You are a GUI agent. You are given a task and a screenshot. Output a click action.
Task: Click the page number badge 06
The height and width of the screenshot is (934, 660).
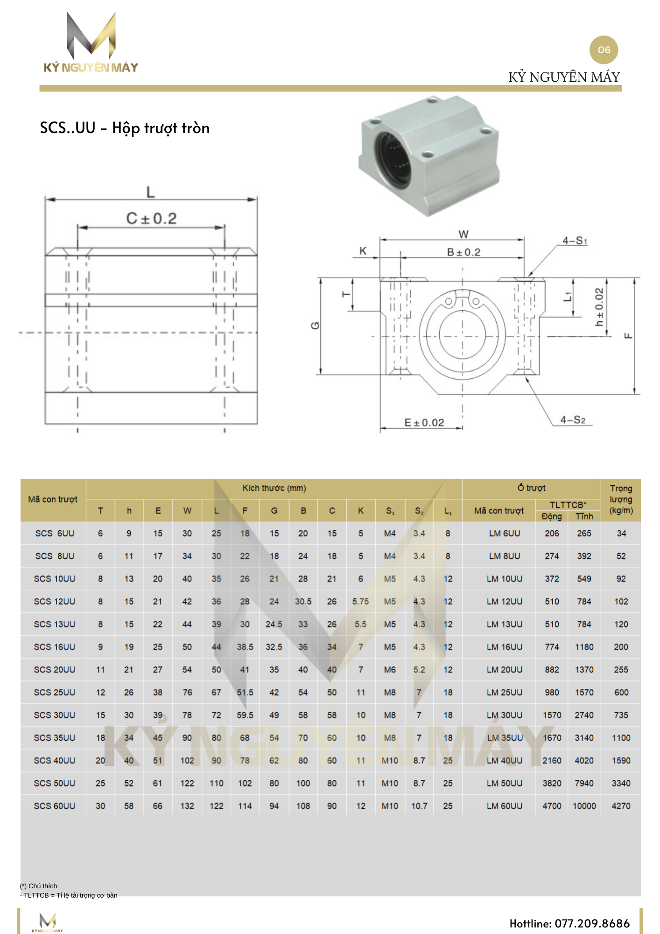[x=604, y=50]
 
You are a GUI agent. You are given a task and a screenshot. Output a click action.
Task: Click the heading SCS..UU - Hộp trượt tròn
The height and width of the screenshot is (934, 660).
[x=125, y=128]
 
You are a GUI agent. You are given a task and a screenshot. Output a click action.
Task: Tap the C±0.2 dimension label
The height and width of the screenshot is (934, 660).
[x=151, y=219]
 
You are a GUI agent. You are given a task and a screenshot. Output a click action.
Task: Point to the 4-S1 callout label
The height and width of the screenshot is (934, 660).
[x=575, y=241]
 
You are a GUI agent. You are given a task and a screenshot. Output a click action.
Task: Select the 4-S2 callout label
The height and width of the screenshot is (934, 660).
[x=573, y=420]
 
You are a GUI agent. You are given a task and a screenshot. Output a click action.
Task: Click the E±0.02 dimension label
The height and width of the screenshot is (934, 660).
[x=424, y=423]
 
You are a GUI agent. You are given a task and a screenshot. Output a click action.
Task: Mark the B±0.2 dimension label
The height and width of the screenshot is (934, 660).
[x=463, y=252]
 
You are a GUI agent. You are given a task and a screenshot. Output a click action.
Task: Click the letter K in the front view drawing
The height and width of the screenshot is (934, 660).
[x=363, y=251]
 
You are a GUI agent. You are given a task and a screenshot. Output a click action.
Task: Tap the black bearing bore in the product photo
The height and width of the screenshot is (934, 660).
[x=393, y=158]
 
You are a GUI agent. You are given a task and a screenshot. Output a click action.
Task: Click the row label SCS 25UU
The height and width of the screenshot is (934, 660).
[x=54, y=692]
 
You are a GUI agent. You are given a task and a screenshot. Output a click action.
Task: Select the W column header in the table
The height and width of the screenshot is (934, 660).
[x=187, y=510]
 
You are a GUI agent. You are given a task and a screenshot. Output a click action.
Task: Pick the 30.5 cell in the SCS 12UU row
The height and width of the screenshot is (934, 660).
[x=303, y=601]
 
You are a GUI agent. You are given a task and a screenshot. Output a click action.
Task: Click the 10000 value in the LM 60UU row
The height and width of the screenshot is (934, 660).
[x=584, y=806]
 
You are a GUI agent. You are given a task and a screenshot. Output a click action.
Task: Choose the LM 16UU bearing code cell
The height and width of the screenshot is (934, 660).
[x=504, y=647]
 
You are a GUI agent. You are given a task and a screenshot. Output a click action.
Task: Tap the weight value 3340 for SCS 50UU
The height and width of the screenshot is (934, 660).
[x=621, y=783]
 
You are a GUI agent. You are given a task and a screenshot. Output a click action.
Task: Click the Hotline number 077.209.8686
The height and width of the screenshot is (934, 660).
[x=569, y=923]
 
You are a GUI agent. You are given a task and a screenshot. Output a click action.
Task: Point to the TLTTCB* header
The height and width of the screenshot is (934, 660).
[x=568, y=505]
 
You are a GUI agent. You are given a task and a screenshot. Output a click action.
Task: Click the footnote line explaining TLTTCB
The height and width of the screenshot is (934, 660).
[x=69, y=895]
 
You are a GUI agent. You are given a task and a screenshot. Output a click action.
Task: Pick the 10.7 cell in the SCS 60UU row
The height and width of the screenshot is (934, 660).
[x=419, y=806]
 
